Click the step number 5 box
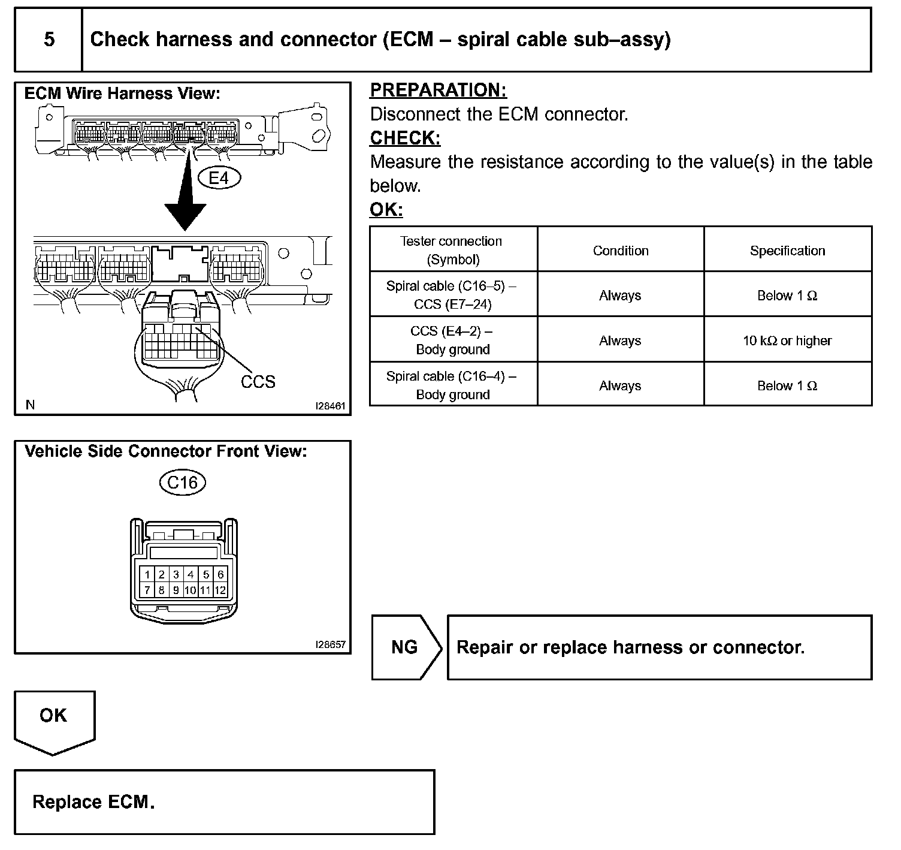49,40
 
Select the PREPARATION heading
438,90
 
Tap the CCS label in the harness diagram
258,382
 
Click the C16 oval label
183,483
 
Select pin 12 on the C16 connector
220,590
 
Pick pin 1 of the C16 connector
147,575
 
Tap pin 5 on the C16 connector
205,575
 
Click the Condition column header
621,251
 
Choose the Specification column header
787,251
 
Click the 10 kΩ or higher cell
787,340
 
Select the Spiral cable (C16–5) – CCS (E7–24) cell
452,295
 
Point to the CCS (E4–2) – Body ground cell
452,340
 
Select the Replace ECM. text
93,802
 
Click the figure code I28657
330,644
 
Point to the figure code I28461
330,406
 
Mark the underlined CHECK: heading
405,138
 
